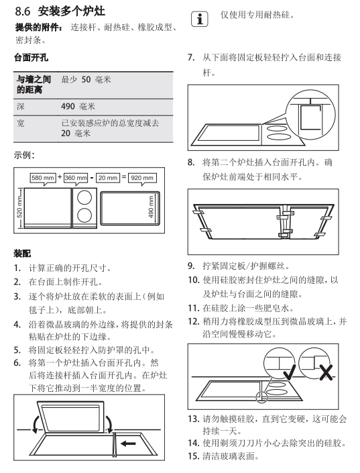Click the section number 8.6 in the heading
tap(23, 11)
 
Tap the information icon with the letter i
tap(200, 19)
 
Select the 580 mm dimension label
tap(43, 178)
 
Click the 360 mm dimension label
tap(76, 178)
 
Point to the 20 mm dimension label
tap(108, 178)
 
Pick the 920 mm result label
tap(142, 178)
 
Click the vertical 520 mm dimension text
tap(19, 207)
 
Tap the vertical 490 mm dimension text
tap(151, 207)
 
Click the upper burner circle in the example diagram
tap(84, 198)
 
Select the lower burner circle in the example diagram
tap(84, 215)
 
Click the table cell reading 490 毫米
tap(78, 107)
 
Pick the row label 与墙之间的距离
tap(34, 85)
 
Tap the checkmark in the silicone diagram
tap(290, 372)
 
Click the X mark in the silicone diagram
tap(326, 372)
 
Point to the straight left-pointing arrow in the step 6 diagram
tap(128, 443)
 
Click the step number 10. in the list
tap(194, 280)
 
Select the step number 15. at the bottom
tap(194, 456)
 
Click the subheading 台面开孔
tap(31, 58)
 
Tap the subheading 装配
tap(22, 254)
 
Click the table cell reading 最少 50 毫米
tap(86, 80)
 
